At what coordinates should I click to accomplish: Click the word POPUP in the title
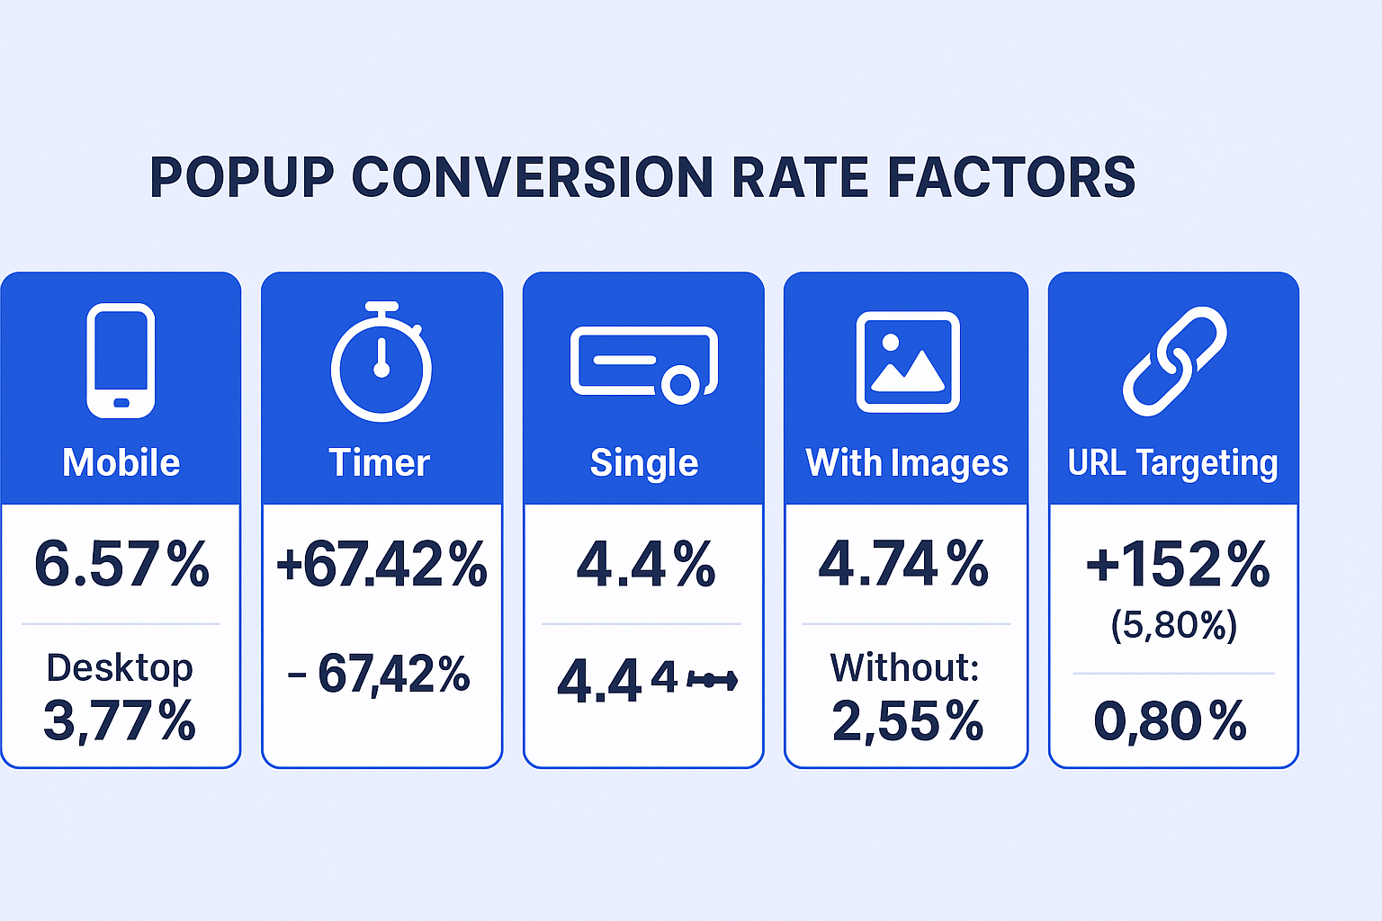click(242, 177)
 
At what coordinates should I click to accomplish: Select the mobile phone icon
click(121, 361)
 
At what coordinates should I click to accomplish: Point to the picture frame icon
click(907, 362)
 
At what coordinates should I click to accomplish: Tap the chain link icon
click(1174, 362)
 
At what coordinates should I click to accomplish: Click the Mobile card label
click(121, 463)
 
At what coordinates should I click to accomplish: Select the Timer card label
click(380, 463)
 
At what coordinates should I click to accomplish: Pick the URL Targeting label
click(1172, 463)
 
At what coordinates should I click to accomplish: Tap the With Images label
click(907, 463)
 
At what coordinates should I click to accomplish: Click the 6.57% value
click(121, 565)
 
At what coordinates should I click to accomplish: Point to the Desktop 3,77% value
click(120, 720)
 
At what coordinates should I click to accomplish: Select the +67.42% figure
click(381, 565)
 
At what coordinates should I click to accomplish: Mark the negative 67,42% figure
click(380, 675)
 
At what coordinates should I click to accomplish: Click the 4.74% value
click(903, 565)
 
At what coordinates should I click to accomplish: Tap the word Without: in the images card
click(904, 667)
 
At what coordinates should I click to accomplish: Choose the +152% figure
click(1177, 565)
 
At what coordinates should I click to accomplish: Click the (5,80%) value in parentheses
click(1174, 625)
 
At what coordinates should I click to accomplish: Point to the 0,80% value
click(1170, 721)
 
